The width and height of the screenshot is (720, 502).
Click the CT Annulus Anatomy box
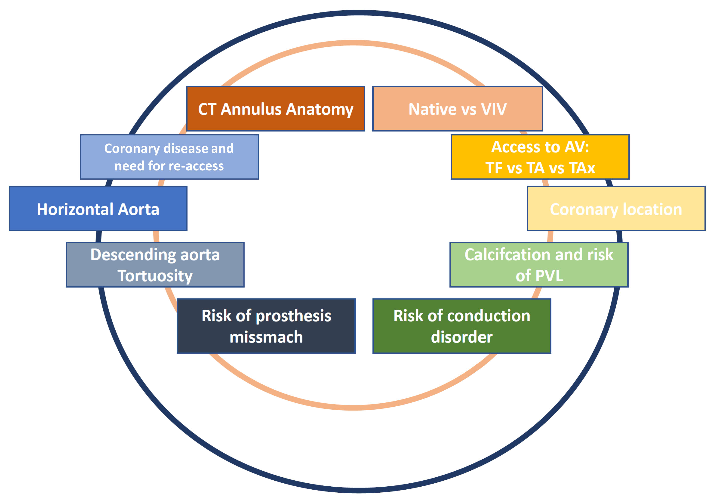click(276, 109)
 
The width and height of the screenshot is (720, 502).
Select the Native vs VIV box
click(457, 109)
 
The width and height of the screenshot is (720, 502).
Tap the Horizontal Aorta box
click(98, 208)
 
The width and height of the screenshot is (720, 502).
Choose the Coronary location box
click(616, 208)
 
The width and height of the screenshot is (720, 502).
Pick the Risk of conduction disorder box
click(461, 326)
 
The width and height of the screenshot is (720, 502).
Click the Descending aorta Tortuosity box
click(155, 265)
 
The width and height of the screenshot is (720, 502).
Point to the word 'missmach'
click(266, 337)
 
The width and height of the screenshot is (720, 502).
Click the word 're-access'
click(196, 166)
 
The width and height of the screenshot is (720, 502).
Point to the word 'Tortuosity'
click(155, 276)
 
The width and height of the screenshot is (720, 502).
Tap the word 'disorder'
click(461, 337)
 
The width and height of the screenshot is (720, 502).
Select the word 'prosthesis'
click(293, 316)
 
